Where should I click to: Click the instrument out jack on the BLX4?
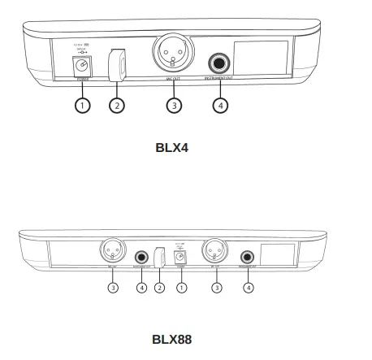[x=220, y=63]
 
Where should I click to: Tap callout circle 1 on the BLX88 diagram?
[x=183, y=287]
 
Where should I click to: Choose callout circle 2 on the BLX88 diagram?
[x=160, y=287]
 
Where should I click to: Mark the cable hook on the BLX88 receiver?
[x=160, y=257]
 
